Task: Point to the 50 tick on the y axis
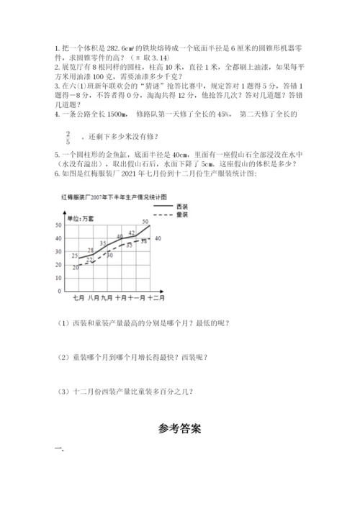click(x=58, y=226)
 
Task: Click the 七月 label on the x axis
click(x=79, y=297)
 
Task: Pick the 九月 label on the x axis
click(x=107, y=297)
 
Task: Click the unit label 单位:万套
click(x=79, y=217)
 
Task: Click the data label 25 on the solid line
click(x=75, y=256)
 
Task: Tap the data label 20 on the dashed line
click(x=76, y=267)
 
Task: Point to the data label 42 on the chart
click(x=131, y=233)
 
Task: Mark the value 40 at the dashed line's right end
click(x=158, y=238)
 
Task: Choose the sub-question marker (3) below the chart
click(x=60, y=392)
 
